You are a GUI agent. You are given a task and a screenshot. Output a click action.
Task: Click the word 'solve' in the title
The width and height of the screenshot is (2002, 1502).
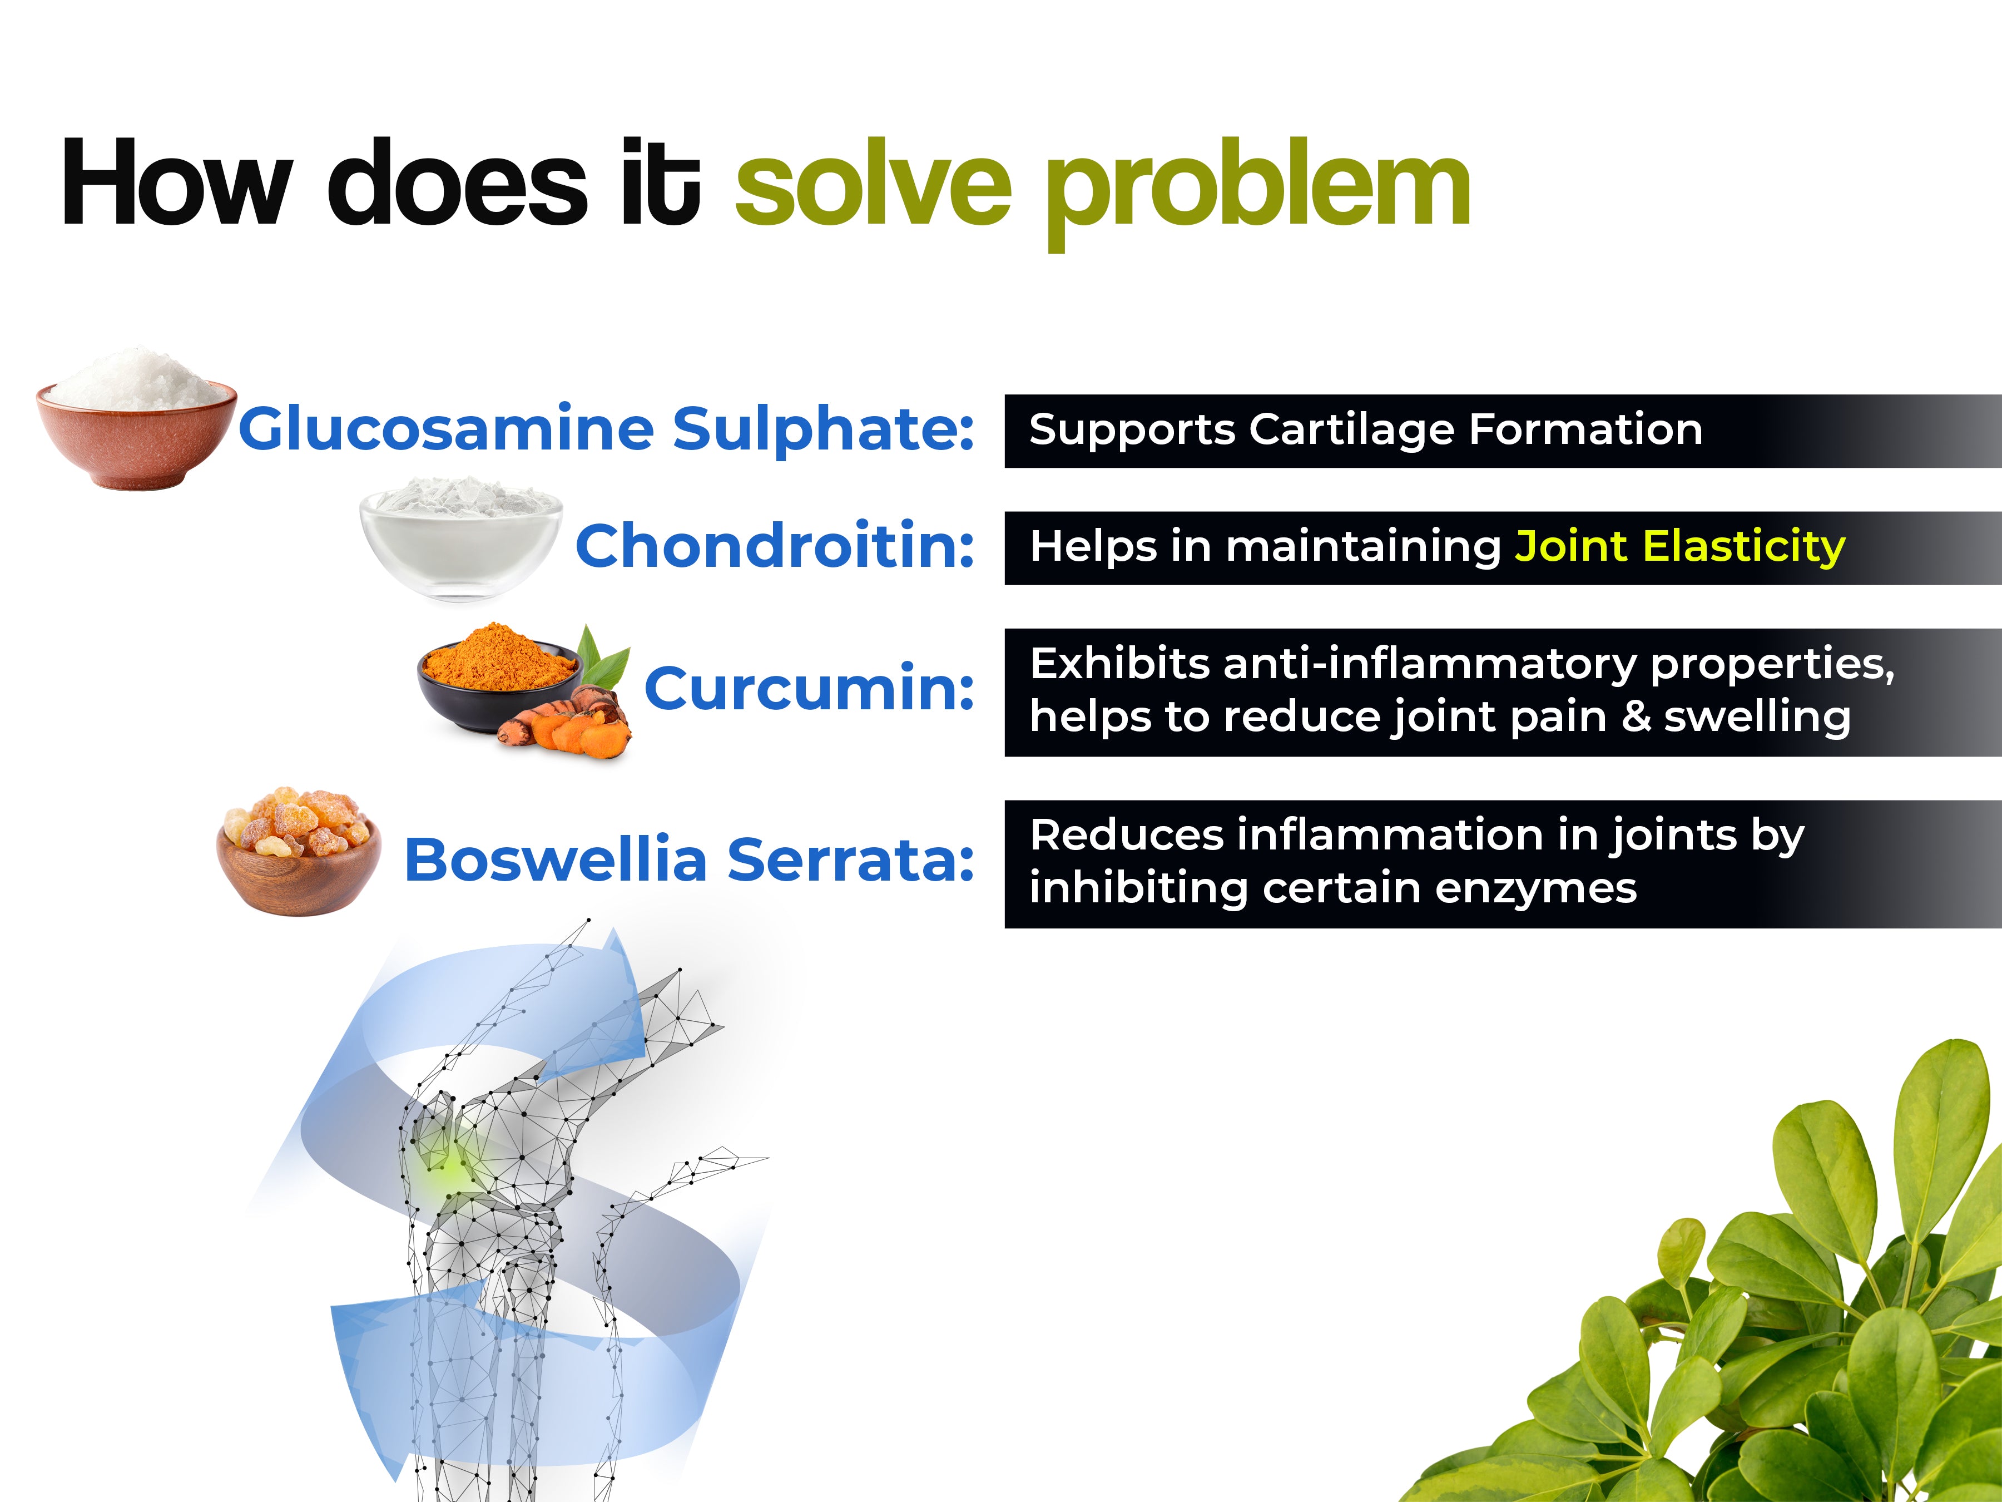point(874,186)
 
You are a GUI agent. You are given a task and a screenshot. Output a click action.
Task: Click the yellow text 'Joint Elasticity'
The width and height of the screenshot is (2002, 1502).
point(1680,547)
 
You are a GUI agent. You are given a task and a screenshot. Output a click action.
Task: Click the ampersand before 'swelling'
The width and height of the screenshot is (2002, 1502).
point(1636,716)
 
